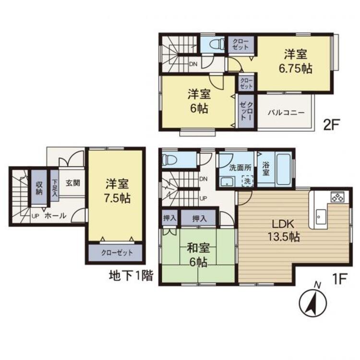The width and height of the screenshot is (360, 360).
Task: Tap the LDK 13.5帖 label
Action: (284, 230)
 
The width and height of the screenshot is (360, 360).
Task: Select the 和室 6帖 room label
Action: (198, 255)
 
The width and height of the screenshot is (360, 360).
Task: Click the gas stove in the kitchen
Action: (337, 197)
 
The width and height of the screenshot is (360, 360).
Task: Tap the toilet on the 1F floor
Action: (169, 159)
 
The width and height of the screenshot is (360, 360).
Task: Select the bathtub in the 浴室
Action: (284, 169)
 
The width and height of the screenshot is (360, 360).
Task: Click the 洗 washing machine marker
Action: (247, 181)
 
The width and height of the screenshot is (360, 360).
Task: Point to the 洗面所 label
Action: (240, 168)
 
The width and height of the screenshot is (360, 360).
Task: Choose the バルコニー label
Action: (286, 113)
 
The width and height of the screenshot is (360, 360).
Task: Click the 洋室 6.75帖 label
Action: (296, 61)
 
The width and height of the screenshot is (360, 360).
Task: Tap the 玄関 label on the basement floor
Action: (73, 183)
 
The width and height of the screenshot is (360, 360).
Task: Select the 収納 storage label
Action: (39, 188)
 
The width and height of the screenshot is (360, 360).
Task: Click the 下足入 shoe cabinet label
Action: (54, 188)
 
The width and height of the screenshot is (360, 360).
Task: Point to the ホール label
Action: (55, 216)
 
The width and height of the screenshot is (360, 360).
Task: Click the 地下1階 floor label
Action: (131, 276)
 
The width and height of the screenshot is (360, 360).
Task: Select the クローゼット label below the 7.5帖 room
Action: (117, 253)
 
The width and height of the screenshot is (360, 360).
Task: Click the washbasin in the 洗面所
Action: (227, 181)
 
